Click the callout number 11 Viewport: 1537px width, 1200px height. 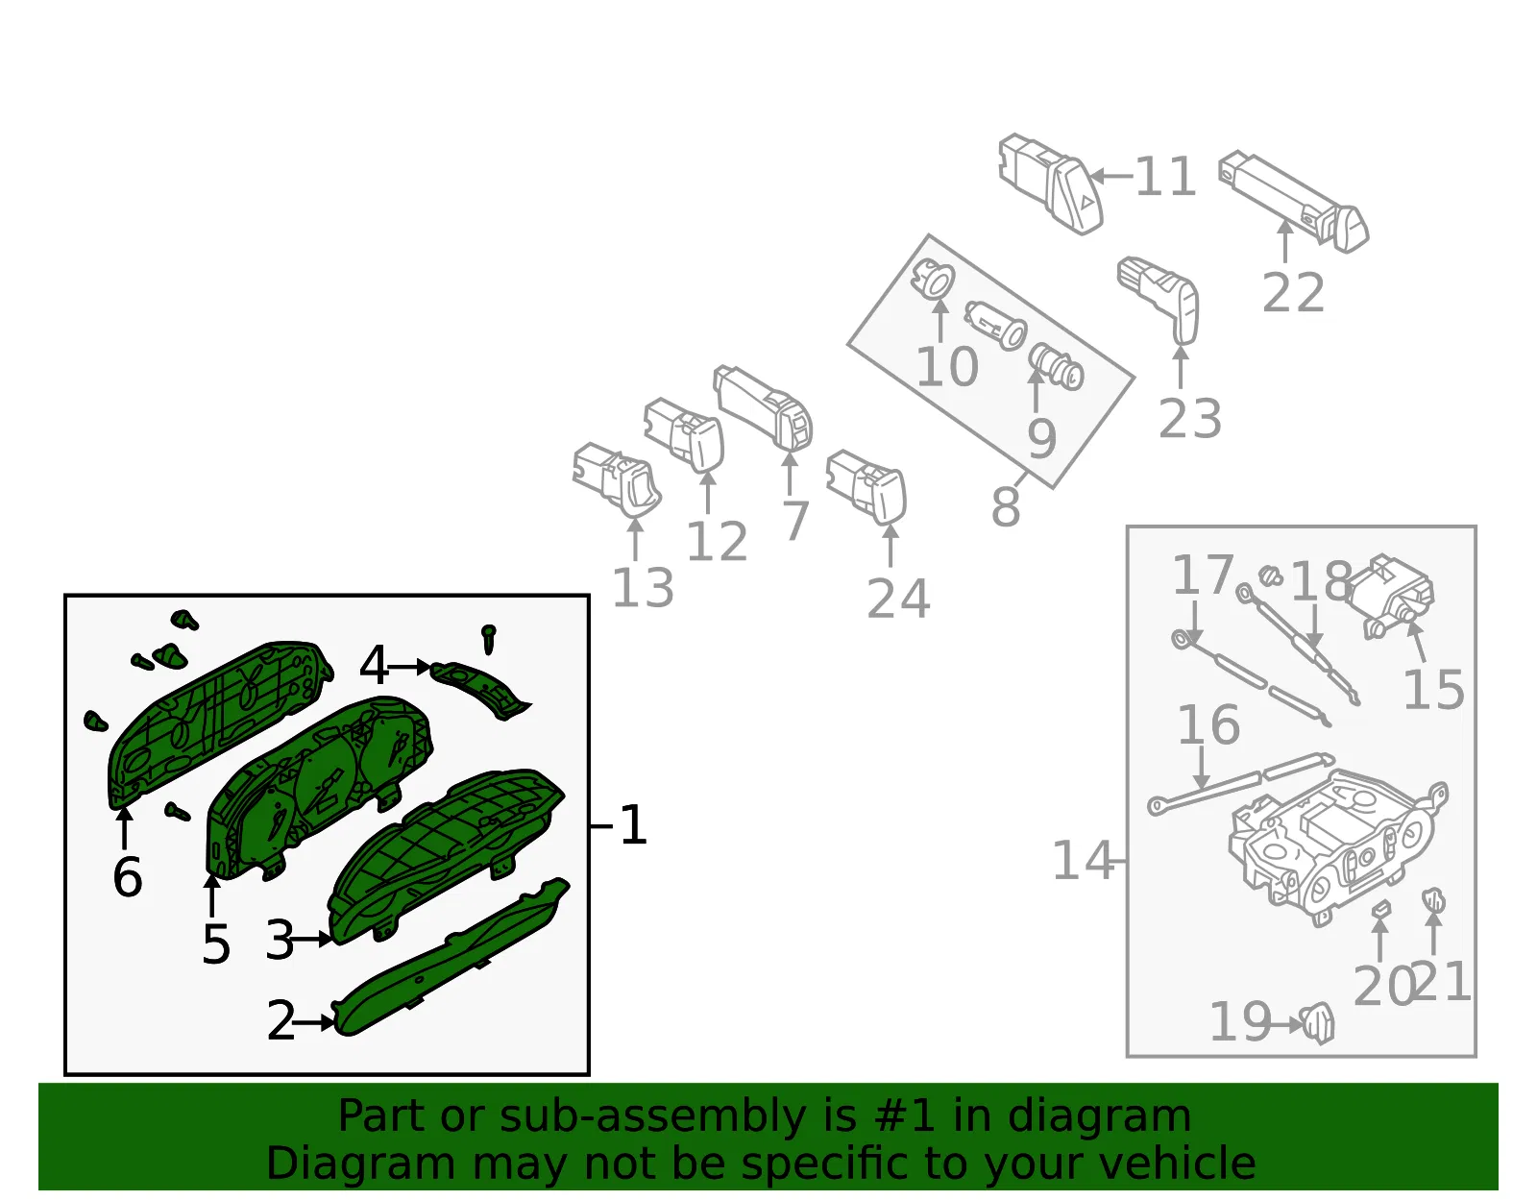(1165, 176)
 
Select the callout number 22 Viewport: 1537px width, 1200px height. (1293, 293)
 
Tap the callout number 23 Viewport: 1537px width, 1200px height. (1189, 419)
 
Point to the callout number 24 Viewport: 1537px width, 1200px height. (898, 599)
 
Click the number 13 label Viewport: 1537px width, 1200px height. (643, 588)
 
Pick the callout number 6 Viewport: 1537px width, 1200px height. (128, 877)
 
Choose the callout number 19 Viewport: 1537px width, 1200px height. (1240, 1022)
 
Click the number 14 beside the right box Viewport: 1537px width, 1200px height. (1083, 861)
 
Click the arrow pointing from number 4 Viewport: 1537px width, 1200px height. (409, 667)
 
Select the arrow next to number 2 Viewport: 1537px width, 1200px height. (313, 1022)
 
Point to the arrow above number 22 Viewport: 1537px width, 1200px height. (1285, 241)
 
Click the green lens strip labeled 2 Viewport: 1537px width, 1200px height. (451, 958)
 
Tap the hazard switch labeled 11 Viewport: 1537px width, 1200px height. (1050, 183)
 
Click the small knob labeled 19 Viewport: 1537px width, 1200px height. (1317, 1023)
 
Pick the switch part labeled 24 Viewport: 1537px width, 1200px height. (866, 486)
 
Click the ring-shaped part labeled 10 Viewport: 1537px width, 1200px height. (935, 278)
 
